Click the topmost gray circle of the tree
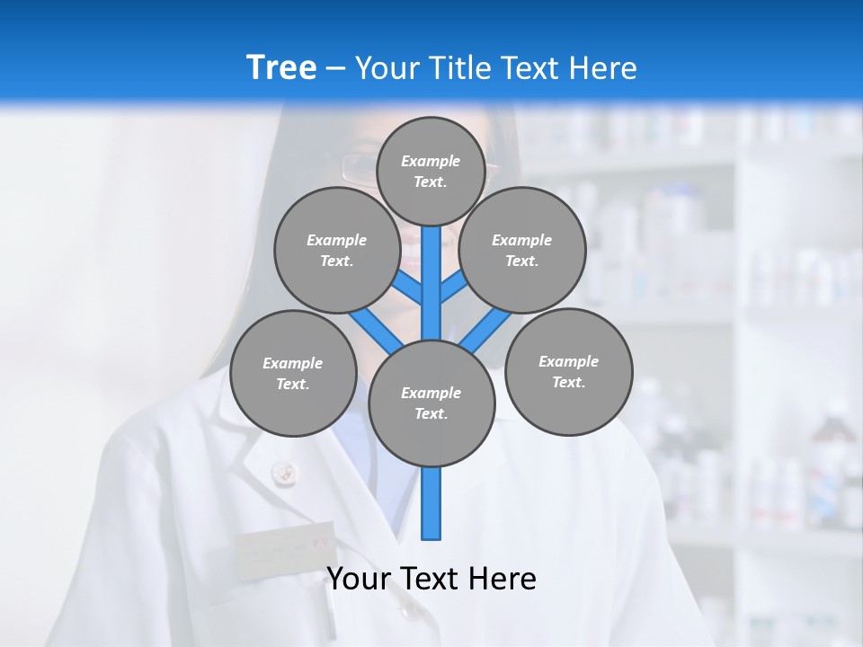431,171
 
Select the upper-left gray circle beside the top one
337,250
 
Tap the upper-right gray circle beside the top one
522,250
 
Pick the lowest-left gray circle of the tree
293,373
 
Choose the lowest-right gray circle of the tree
569,371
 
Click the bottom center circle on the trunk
431,403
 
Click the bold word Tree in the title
281,67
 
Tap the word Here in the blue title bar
602,68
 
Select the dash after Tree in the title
335,69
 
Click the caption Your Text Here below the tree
431,579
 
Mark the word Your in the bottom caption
357,579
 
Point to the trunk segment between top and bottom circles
431,283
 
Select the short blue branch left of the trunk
407,287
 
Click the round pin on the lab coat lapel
283,472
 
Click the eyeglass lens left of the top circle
360,167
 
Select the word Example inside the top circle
431,161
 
